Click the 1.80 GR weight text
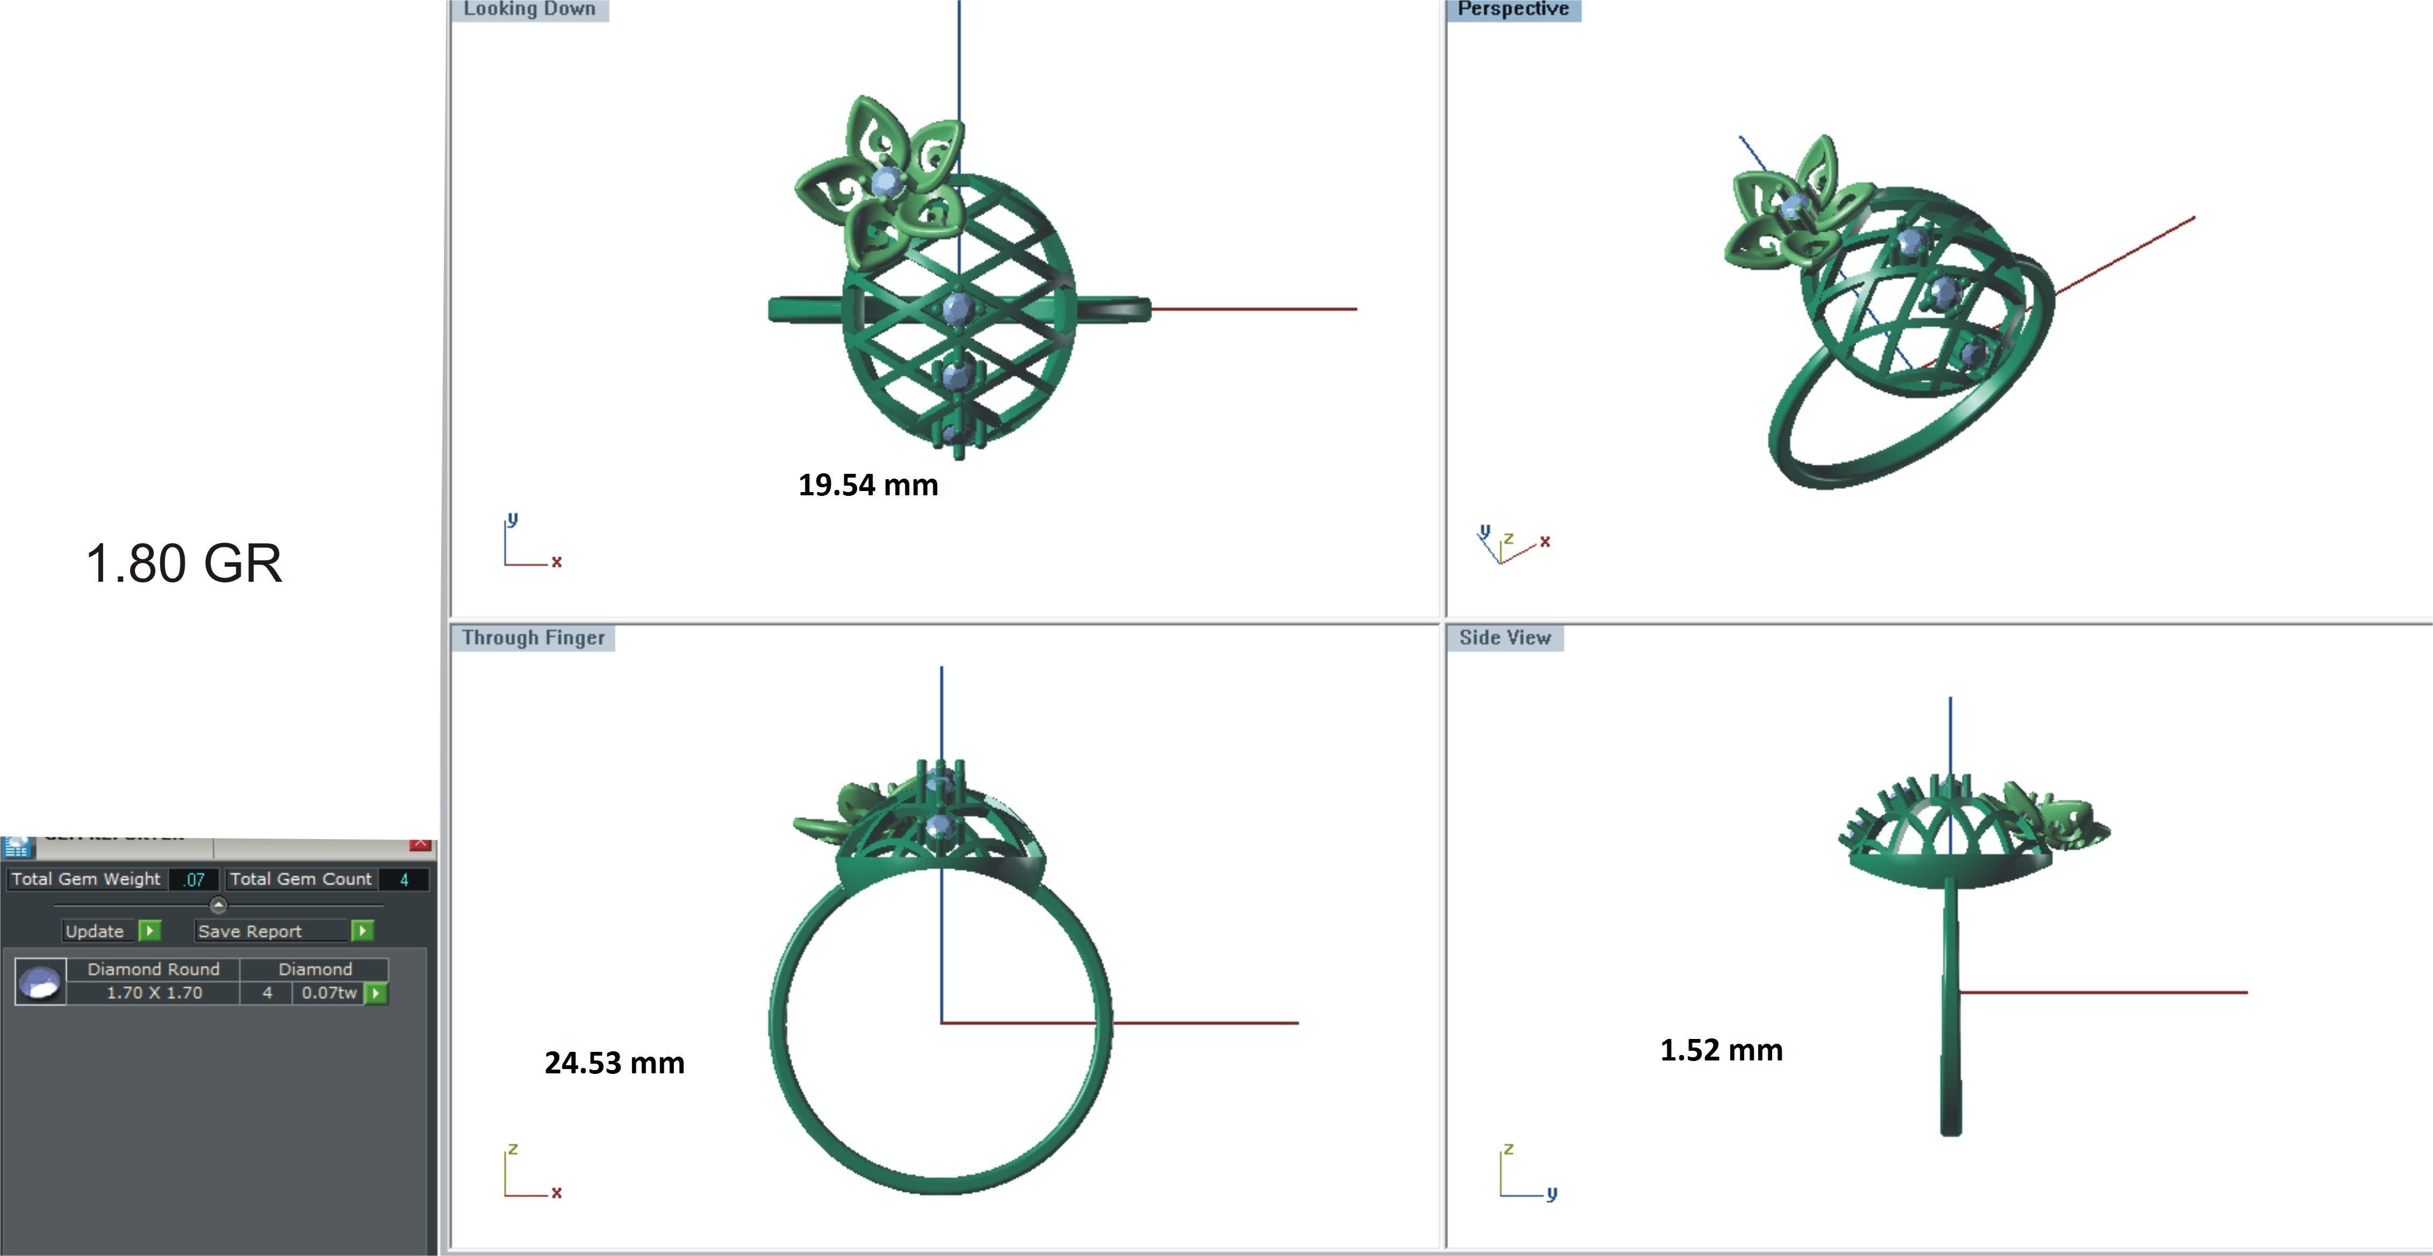pos(184,564)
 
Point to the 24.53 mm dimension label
pos(614,1063)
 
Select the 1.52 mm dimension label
pos(1721,1050)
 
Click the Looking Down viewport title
pos(530,10)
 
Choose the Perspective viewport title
pos(1513,10)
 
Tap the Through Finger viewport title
pos(534,638)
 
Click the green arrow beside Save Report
pos(362,931)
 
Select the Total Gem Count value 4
pos(404,879)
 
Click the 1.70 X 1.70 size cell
pos(154,993)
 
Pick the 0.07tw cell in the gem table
pos(329,993)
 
